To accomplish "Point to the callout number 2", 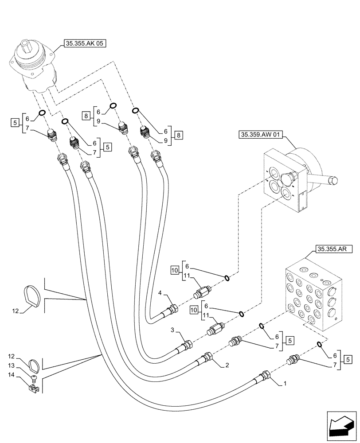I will tap(227, 365).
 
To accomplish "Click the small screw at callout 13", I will tap(34, 377).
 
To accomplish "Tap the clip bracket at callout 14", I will tap(33, 388).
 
